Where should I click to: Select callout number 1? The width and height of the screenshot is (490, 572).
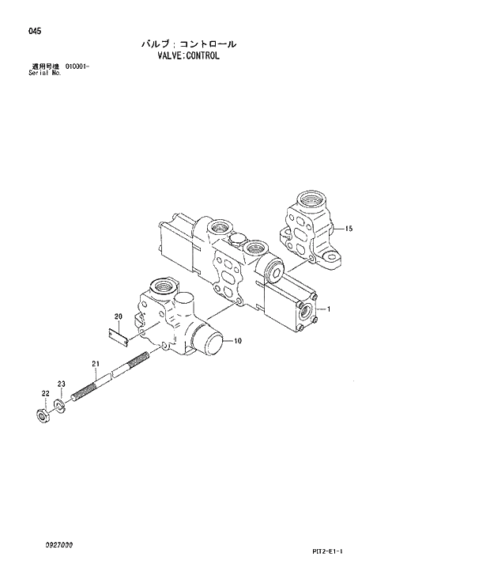tap(328, 309)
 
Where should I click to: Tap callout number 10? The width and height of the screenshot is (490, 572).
tap(237, 341)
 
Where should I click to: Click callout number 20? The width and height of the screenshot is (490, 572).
tap(119, 317)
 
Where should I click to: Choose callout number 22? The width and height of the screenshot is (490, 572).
tap(45, 393)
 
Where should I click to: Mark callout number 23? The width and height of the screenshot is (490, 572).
tap(61, 384)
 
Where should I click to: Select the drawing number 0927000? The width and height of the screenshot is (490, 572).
tap(59, 545)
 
